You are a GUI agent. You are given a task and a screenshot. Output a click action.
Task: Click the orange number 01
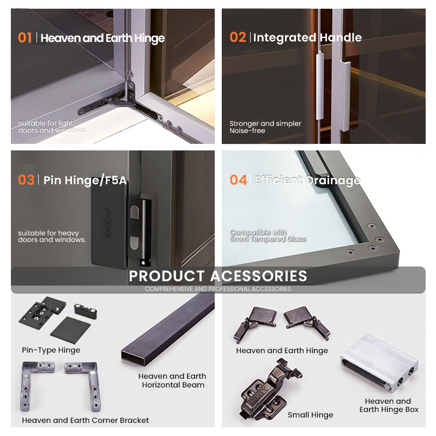click(x=25, y=38)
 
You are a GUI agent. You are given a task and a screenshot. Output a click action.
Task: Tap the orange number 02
click(x=238, y=37)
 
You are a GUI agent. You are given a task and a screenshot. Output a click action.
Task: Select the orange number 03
click(x=26, y=180)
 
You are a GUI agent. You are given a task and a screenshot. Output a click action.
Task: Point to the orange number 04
click(x=238, y=180)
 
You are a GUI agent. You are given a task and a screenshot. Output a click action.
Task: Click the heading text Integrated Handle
click(x=307, y=38)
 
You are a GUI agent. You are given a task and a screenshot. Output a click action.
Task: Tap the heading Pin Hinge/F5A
click(x=85, y=180)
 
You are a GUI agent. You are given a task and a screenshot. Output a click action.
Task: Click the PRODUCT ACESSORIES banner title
click(x=218, y=276)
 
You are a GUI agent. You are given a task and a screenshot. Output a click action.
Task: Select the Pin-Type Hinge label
click(x=51, y=350)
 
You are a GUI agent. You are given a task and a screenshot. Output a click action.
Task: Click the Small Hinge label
click(x=310, y=415)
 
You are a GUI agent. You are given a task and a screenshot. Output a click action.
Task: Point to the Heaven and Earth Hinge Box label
click(x=389, y=405)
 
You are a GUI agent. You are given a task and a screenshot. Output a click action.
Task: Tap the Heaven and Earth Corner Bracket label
click(x=86, y=420)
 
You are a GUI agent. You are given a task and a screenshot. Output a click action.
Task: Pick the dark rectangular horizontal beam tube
click(x=168, y=330)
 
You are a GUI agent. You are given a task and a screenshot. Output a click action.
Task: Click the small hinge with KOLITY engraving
click(x=269, y=390)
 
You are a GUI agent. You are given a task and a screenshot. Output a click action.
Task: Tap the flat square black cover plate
click(x=70, y=330)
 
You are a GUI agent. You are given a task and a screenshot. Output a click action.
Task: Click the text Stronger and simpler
click(x=265, y=124)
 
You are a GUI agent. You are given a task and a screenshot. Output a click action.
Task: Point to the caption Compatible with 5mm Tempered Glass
click(x=268, y=235)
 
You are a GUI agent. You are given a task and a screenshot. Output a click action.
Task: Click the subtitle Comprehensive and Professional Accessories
click(x=218, y=289)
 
